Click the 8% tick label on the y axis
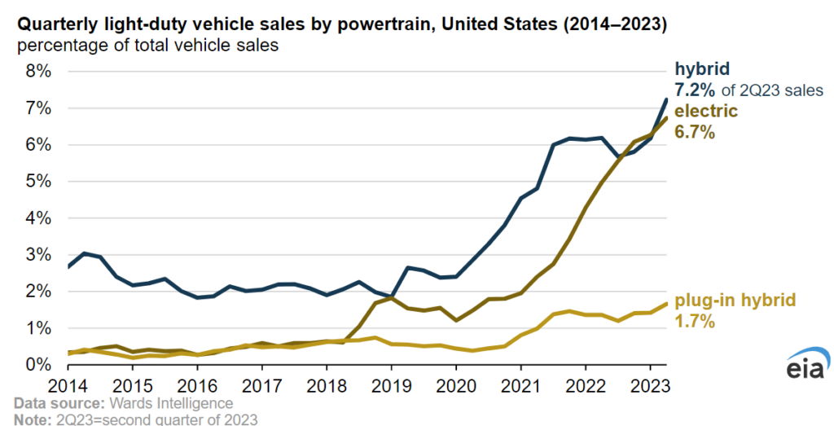(37, 72)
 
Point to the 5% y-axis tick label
(37, 182)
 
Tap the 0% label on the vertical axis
(37, 365)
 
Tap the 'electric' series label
(705, 111)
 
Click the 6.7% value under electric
(695, 131)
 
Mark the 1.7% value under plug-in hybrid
(695, 321)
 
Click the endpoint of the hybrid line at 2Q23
(666, 99)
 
